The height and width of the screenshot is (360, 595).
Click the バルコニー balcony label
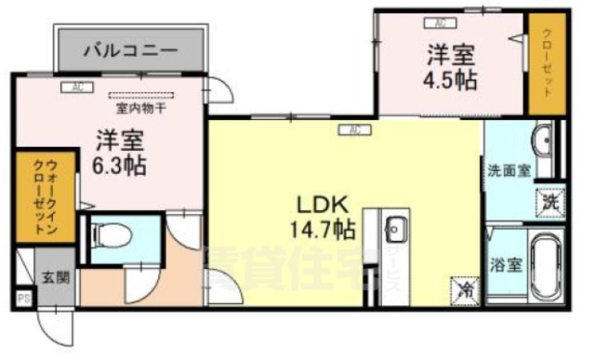pos(130,49)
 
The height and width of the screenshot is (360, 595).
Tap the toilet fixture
pos(114,233)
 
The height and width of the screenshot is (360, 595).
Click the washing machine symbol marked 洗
pos(549,200)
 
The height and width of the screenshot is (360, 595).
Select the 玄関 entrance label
pos(53,277)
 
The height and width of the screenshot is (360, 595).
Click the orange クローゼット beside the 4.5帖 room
pos(546,62)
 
